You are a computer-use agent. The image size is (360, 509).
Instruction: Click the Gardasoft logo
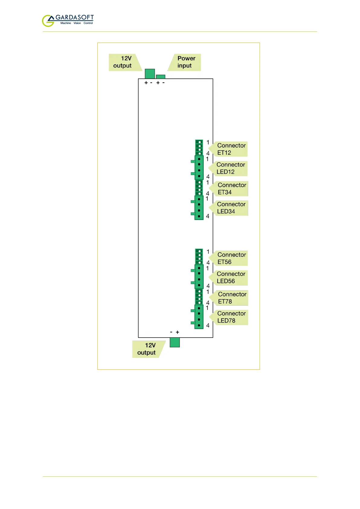click(67, 20)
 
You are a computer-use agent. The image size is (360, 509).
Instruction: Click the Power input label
click(186, 62)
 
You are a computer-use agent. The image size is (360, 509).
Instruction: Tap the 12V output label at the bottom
click(148, 349)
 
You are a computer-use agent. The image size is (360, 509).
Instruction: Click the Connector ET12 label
click(230, 149)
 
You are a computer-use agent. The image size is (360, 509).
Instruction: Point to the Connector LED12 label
click(230, 168)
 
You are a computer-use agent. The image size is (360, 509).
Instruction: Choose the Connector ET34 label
click(231, 189)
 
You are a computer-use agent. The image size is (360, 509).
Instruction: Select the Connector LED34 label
click(231, 208)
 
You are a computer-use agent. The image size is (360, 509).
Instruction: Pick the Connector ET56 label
click(231, 258)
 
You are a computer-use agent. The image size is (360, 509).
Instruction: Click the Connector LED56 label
click(230, 277)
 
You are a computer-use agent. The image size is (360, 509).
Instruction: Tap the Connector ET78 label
click(231, 298)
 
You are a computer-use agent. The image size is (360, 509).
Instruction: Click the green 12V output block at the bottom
click(175, 342)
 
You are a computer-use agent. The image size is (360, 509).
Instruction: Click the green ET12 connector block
click(199, 148)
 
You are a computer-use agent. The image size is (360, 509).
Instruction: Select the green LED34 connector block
click(199, 208)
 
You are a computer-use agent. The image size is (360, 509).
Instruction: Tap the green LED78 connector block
click(199, 317)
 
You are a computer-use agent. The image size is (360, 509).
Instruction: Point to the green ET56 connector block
click(199, 257)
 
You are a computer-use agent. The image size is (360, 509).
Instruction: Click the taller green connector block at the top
click(150, 74)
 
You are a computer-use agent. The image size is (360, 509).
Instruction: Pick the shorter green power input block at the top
click(161, 77)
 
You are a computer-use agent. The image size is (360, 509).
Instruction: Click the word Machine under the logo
click(66, 23)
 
